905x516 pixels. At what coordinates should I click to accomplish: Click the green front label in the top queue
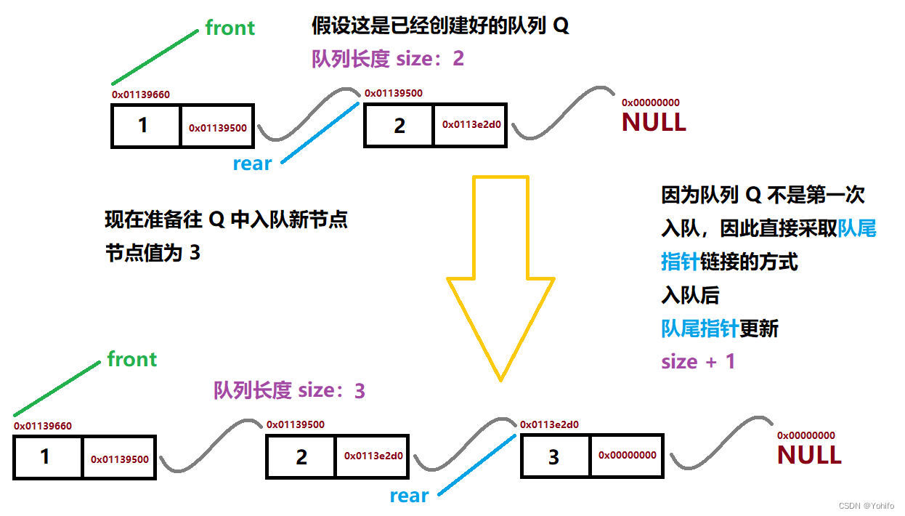[230, 28]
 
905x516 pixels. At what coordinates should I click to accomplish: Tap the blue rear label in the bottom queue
[409, 496]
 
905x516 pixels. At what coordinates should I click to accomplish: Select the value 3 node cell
[555, 456]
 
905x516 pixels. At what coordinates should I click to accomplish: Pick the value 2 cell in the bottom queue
[301, 456]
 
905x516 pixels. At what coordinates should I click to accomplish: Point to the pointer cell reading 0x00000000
[627, 456]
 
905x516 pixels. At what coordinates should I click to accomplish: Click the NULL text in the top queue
[654, 122]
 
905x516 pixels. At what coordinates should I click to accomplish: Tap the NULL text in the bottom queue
[809, 455]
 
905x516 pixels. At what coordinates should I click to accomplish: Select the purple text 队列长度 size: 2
[388, 58]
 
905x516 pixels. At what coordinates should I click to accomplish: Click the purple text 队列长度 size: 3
[289, 390]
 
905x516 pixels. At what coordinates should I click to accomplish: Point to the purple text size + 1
[698, 361]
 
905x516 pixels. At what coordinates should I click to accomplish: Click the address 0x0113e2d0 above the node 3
[549, 424]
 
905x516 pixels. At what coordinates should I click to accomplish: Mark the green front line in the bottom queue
[57, 388]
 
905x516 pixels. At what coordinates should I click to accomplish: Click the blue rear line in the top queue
[320, 132]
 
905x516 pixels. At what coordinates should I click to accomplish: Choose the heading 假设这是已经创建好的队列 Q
[440, 27]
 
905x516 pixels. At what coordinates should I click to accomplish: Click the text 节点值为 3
[153, 253]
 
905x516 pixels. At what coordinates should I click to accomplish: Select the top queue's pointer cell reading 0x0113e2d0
[471, 124]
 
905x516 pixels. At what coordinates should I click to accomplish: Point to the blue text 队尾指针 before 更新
[699, 328]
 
